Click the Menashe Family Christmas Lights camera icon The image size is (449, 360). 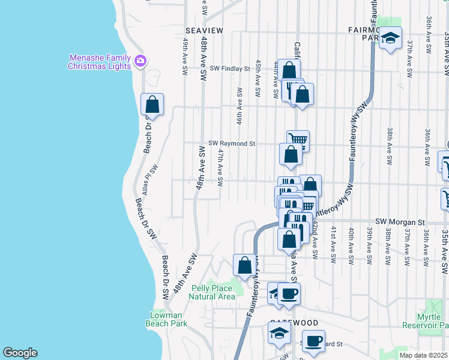(x=140, y=61)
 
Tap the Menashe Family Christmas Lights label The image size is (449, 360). (x=99, y=62)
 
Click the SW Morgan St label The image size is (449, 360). (x=400, y=221)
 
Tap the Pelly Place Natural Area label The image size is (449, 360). (x=212, y=292)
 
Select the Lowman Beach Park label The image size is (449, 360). (x=166, y=319)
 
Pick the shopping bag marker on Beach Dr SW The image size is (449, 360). (x=152, y=104)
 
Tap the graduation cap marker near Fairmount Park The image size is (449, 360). (x=391, y=38)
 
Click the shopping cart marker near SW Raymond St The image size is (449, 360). (x=298, y=140)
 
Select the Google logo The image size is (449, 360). (x=20, y=353)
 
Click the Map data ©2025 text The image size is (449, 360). (x=423, y=355)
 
